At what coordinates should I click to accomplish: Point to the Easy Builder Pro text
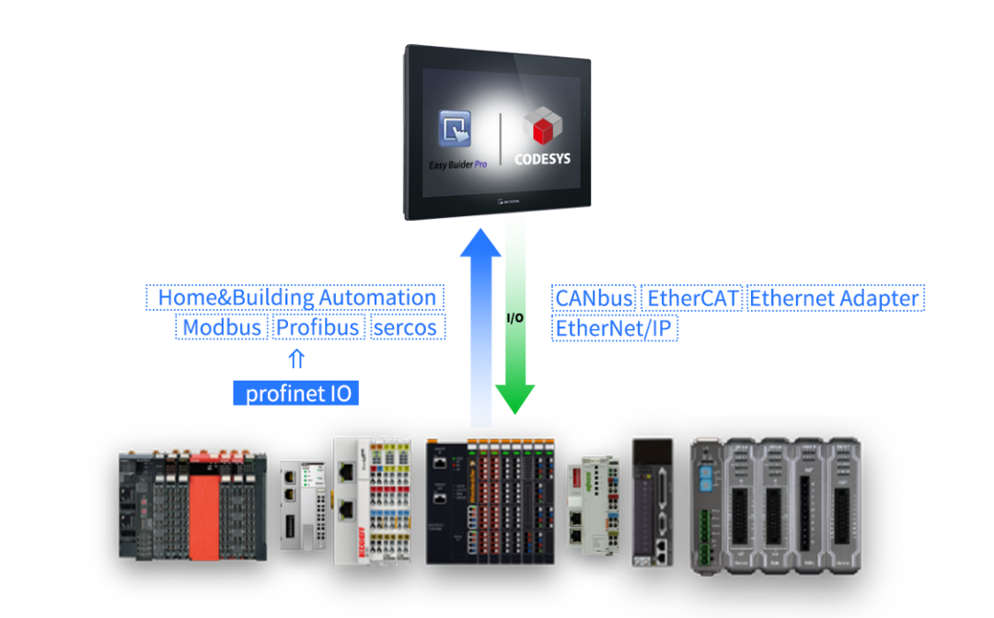457,165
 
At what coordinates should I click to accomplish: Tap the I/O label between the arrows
515,318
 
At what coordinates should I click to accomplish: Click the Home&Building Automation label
296,298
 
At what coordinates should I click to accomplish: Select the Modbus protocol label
221,327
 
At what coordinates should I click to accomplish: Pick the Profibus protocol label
318,327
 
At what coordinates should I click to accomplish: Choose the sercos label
405,327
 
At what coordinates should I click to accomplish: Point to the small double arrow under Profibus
296,359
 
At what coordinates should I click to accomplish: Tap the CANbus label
594,298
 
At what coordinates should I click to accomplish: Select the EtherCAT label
692,298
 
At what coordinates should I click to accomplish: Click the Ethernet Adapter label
834,298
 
